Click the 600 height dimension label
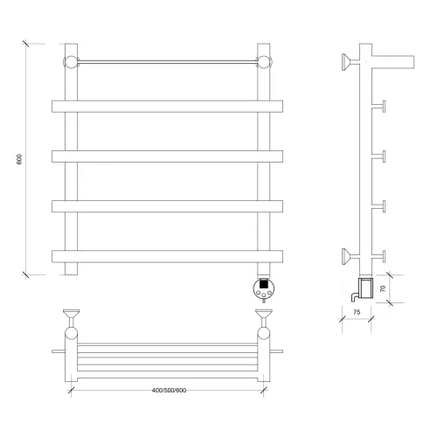point(19,159)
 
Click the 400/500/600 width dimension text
point(169,390)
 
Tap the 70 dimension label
point(383,288)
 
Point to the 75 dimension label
point(357,312)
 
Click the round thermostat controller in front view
point(264,288)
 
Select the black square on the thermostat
point(264,283)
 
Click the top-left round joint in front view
point(71,62)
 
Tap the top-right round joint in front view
point(264,62)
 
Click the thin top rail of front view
point(168,62)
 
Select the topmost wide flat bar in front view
point(167,107)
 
